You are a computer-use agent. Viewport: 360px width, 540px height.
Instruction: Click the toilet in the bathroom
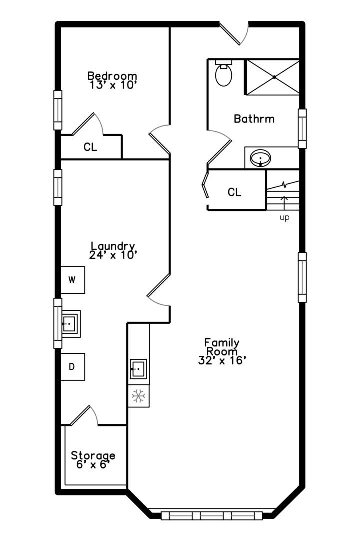(x=223, y=73)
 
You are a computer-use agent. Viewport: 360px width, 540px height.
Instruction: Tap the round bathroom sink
(x=261, y=158)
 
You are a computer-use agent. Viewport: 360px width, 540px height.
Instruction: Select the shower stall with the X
(x=272, y=77)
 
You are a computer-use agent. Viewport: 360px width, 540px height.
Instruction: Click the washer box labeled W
(x=72, y=280)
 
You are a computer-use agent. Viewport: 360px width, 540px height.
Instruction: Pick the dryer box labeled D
(x=72, y=367)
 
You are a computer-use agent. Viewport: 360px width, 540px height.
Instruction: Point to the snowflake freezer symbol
(x=139, y=396)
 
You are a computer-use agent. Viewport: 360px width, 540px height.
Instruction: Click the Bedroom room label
(x=112, y=76)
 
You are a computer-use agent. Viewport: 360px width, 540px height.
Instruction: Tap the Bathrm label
(x=254, y=119)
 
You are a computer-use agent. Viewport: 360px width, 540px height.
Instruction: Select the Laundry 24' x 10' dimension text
(x=113, y=255)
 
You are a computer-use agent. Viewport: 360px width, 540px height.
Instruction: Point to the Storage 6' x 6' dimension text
(x=93, y=465)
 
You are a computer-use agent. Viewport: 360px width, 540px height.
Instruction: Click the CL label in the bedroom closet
(x=90, y=147)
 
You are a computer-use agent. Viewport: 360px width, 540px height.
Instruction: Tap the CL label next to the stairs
(x=234, y=192)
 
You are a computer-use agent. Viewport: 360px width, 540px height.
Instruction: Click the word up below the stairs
(x=284, y=217)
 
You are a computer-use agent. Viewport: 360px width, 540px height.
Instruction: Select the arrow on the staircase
(x=284, y=203)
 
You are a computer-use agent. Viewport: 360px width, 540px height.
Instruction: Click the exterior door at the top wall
(x=234, y=34)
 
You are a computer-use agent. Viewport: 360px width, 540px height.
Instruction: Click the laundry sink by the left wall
(x=70, y=324)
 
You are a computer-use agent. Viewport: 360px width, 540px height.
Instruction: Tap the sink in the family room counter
(x=139, y=369)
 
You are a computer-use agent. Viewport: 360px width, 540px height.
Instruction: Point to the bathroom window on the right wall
(x=302, y=129)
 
